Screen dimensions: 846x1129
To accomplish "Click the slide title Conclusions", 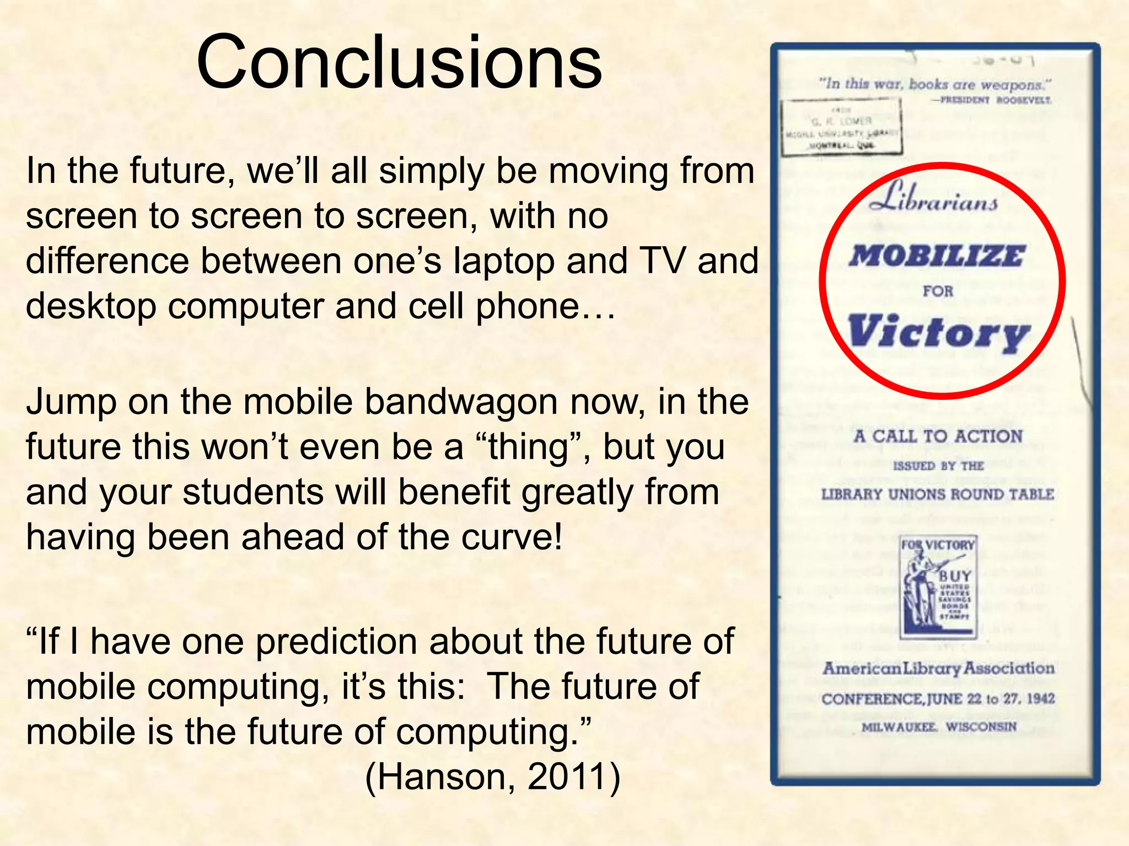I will click(x=399, y=62).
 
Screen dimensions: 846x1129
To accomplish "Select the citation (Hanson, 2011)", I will click(x=493, y=777).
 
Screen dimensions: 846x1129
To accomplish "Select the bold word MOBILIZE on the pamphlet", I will click(x=937, y=257).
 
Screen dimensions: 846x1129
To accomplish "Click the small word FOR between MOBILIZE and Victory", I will click(x=938, y=291).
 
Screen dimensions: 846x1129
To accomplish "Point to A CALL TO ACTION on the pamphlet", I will click(x=938, y=437).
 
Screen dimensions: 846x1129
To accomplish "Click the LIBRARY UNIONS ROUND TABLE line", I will click(x=937, y=494).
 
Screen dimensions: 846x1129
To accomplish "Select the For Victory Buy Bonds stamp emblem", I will click(x=938, y=587).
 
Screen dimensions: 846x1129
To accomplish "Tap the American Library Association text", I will click(x=938, y=669).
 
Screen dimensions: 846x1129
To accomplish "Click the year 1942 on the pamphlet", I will click(x=1041, y=699).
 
